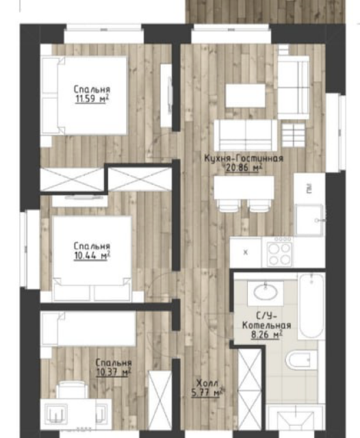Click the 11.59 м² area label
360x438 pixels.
(92, 99)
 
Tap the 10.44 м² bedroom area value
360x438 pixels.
(92, 255)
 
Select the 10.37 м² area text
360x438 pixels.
(114, 372)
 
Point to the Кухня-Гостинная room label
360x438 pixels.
(244, 158)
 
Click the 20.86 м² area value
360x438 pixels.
(244, 168)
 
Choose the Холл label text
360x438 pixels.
(207, 383)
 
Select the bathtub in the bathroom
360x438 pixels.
(311, 306)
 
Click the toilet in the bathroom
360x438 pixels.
(300, 361)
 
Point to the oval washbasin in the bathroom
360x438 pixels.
(266, 292)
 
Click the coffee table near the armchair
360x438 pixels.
(245, 96)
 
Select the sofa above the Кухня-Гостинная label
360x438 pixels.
(246, 136)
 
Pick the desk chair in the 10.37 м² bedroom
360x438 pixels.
(72, 389)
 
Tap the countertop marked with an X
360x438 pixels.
(246, 253)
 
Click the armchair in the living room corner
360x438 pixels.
(294, 88)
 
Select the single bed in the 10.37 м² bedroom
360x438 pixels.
(88, 329)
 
